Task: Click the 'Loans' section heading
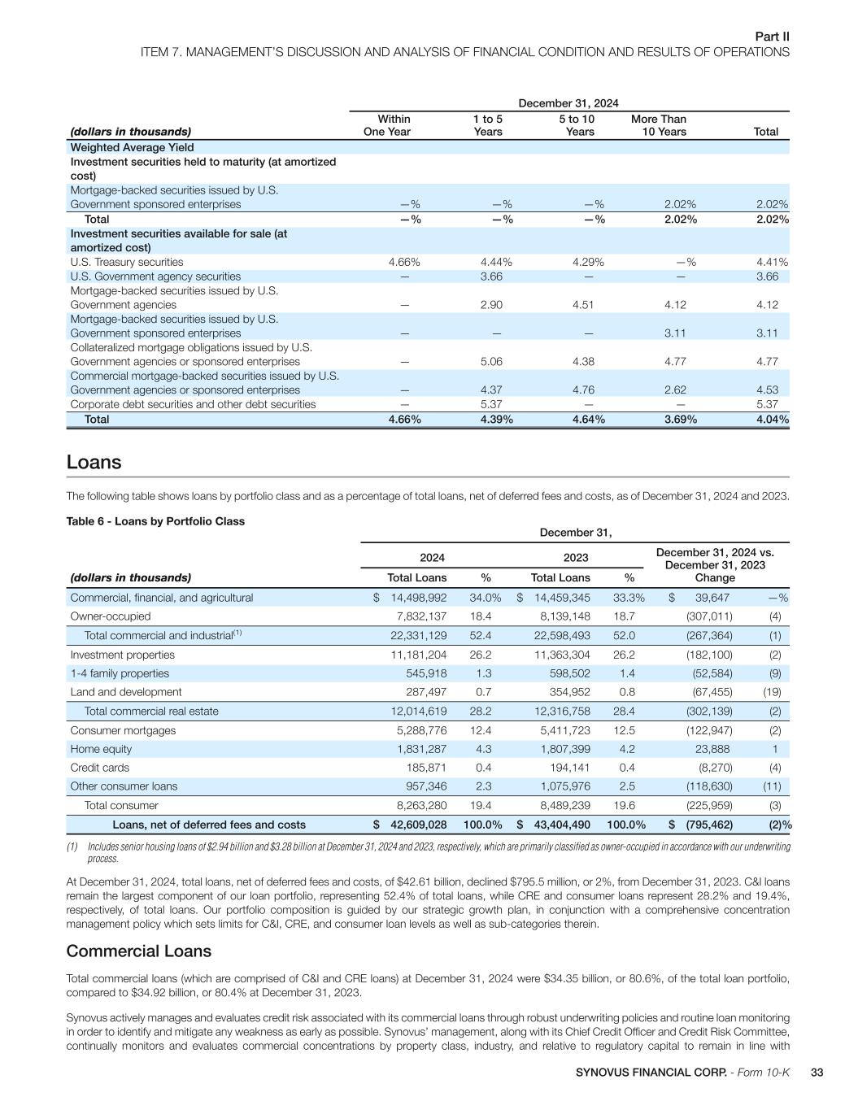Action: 94,463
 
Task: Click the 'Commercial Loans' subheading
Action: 138,951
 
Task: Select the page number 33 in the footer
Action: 817,1073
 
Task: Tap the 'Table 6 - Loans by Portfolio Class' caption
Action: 155,521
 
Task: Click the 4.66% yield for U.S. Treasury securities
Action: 404,262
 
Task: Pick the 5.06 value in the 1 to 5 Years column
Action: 491,362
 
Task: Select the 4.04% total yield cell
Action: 773,420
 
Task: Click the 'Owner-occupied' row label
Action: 111,616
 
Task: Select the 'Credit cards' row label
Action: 99,768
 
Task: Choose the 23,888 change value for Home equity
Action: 712,749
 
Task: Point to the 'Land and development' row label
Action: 126,692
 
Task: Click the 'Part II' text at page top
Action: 773,37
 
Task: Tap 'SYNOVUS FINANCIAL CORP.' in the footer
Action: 651,1073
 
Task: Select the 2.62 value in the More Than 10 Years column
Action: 675,390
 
